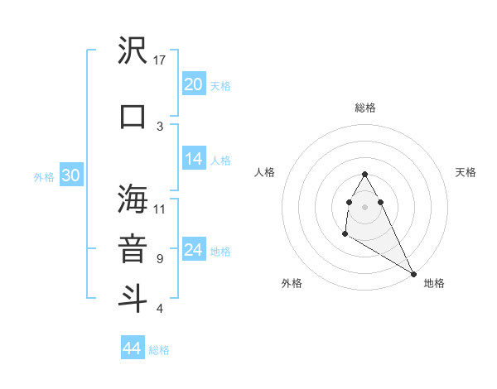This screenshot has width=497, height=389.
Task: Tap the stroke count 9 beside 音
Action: coord(159,258)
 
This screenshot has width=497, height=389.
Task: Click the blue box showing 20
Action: coord(194,84)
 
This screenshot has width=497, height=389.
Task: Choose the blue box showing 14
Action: coord(194,159)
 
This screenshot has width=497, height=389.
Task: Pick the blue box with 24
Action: coord(194,250)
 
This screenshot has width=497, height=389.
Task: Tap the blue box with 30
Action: coord(70,175)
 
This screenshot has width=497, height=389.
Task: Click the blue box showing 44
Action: coord(133,348)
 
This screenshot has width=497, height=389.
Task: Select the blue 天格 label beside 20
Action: coord(220,86)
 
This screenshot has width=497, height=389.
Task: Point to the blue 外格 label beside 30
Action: coord(43,177)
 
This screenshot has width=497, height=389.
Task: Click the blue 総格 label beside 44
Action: coord(159,350)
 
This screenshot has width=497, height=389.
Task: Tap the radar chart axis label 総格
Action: coord(364,108)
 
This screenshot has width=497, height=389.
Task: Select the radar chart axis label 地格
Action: coord(434,283)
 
